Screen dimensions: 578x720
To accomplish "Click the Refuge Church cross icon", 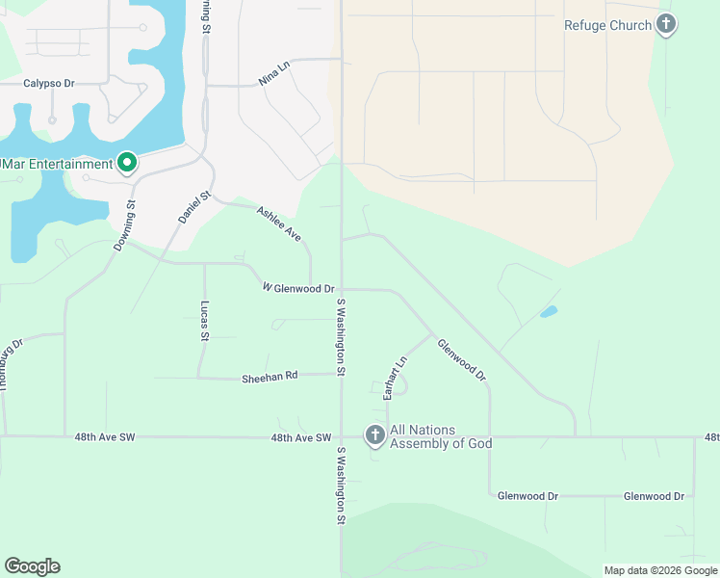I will click(x=666, y=25).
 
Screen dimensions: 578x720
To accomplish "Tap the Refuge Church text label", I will click(x=607, y=26).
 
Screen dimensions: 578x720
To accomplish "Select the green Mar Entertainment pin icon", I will click(x=125, y=164).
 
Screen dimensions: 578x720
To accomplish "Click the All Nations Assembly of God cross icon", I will click(x=374, y=436).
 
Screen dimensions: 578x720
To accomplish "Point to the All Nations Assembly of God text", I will click(x=440, y=436).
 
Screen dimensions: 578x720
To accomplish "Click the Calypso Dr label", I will click(x=49, y=84).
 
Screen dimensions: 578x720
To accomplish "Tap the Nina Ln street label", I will click(x=274, y=74).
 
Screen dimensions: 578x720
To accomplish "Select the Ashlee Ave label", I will click(x=279, y=223).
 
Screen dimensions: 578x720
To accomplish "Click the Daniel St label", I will click(x=193, y=208).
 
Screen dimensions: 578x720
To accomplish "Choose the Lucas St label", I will click(x=204, y=320).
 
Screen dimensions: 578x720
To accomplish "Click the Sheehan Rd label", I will click(x=270, y=379).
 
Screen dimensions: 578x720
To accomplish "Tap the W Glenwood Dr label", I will click(x=298, y=288).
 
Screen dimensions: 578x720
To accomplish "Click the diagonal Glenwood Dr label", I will click(x=461, y=359).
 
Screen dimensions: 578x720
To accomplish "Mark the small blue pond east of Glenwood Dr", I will click(x=549, y=311).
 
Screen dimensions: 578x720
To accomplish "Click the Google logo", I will click(x=32, y=566).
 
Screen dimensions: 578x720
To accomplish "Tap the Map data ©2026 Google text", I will click(x=659, y=570).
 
